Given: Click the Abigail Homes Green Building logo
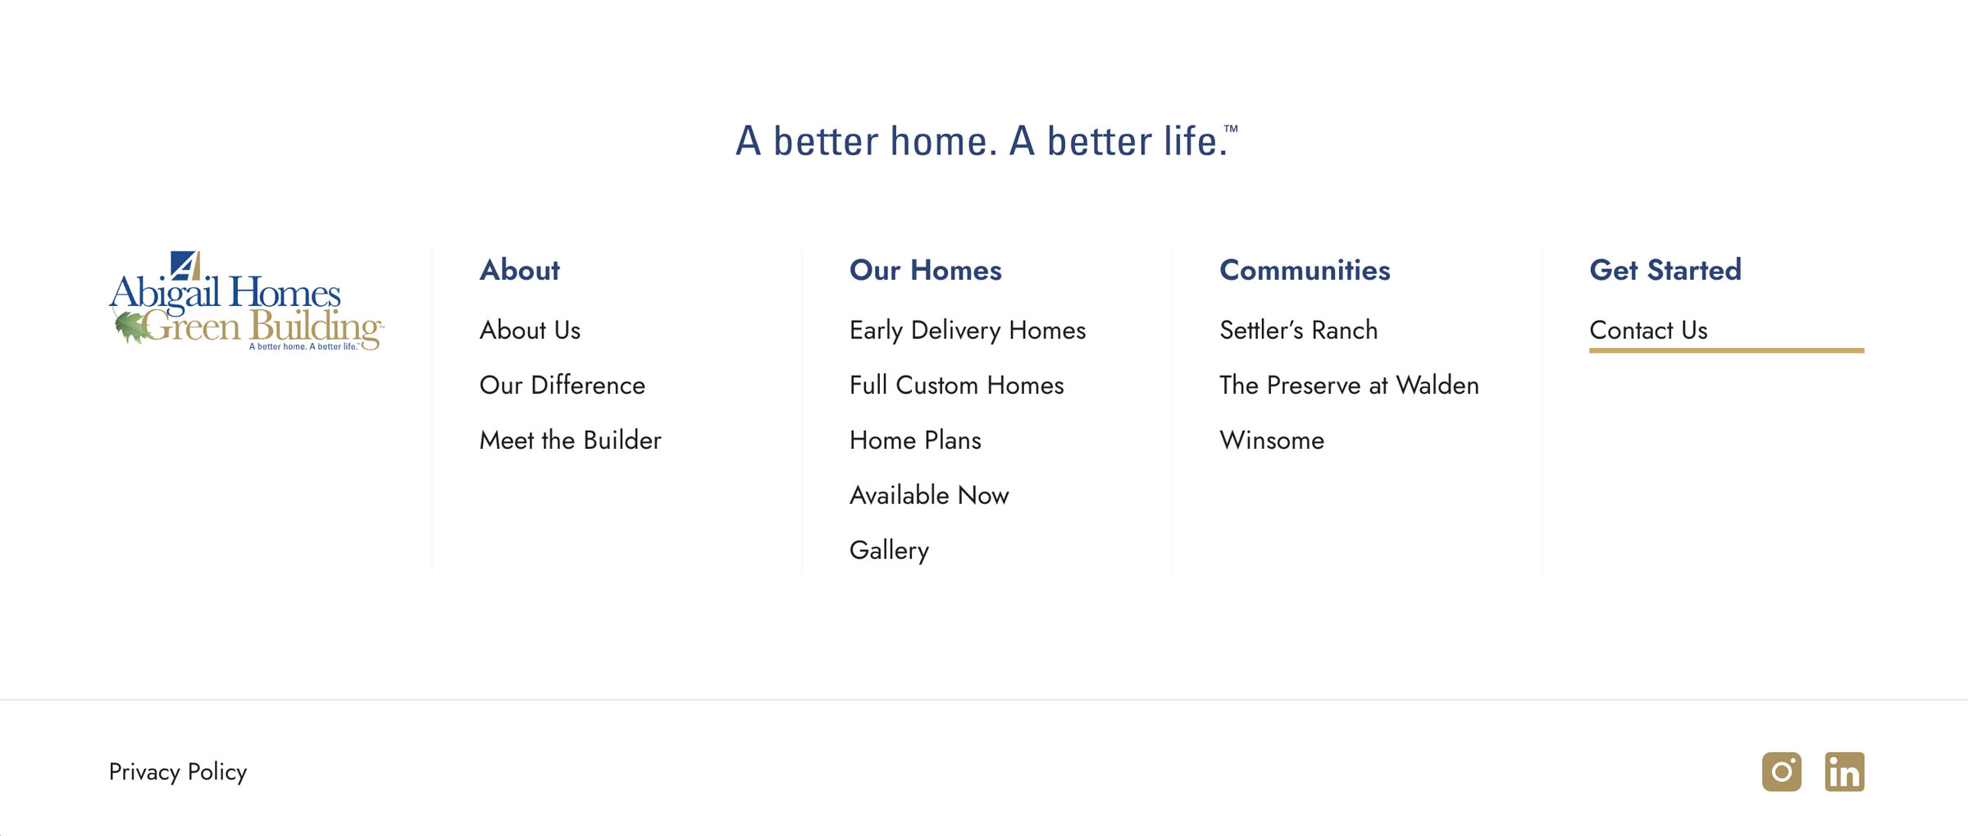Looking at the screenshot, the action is pyautogui.click(x=246, y=301).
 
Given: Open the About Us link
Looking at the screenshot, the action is pyautogui.click(x=530, y=330).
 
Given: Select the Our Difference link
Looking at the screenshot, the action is pyautogui.click(x=563, y=385).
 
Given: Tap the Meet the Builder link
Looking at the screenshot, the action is pyautogui.click(x=570, y=440).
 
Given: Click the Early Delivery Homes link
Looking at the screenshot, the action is pyautogui.click(x=968, y=331).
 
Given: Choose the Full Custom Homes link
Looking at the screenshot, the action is pyautogui.click(x=957, y=385).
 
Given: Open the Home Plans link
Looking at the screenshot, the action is pyautogui.click(x=915, y=440).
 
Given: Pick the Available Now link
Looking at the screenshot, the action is pyautogui.click(x=929, y=495).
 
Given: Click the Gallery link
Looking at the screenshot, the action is pyautogui.click(x=889, y=550).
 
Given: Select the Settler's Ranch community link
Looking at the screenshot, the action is pyautogui.click(x=1298, y=330).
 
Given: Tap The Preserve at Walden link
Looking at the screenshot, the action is pyautogui.click(x=1349, y=385).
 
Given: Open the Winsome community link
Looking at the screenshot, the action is pyautogui.click(x=1272, y=440).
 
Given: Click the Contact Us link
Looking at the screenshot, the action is pyautogui.click(x=1648, y=330).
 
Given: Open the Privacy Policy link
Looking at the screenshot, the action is pyautogui.click(x=178, y=772).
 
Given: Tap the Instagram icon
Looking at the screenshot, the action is pyautogui.click(x=1782, y=772).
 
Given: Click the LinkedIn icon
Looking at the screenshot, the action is pyautogui.click(x=1845, y=772).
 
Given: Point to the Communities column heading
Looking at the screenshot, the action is pyautogui.click(x=1305, y=270).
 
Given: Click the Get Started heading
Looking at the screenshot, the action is pyautogui.click(x=1665, y=270).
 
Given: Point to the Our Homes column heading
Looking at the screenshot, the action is pyautogui.click(x=926, y=270).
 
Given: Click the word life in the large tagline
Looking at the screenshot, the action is pyautogui.click(x=1196, y=140).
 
